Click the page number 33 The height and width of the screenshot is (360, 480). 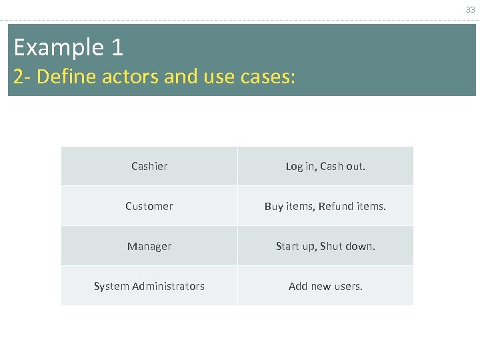pos(470,9)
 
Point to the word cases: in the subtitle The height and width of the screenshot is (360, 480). pos(265,77)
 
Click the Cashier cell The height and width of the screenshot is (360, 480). pos(149,166)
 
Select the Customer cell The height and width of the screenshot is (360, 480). pos(149,206)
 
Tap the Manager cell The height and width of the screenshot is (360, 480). pos(149,246)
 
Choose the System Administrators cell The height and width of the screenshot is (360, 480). pos(149,286)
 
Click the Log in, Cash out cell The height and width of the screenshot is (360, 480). pos(325,166)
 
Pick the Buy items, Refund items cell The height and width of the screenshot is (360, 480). pos(325,206)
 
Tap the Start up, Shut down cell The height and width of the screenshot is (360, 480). pos(325,246)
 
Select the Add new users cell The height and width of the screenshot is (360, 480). pos(325,286)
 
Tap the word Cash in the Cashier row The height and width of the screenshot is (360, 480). pos(331,166)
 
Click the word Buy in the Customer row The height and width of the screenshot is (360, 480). pos(273,206)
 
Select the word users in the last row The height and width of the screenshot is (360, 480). pos(348,286)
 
